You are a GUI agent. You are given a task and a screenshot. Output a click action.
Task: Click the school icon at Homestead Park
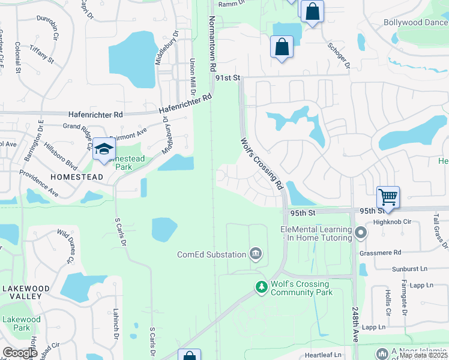(104, 149)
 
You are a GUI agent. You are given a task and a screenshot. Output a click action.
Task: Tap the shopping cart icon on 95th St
(388, 197)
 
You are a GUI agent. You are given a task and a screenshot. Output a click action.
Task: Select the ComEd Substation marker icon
(256, 254)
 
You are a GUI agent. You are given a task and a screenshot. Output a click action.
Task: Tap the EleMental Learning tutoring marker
(360, 232)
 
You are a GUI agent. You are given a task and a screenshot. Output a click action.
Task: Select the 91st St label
(228, 78)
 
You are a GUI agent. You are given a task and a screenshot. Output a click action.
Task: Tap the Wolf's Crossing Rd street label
(262, 164)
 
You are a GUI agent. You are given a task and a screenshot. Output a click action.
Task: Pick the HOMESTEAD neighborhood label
(76, 178)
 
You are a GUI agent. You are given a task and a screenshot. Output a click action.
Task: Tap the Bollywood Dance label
(416, 23)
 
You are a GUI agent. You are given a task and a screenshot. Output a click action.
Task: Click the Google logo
(20, 353)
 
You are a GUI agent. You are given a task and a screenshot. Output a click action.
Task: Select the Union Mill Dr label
(193, 77)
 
